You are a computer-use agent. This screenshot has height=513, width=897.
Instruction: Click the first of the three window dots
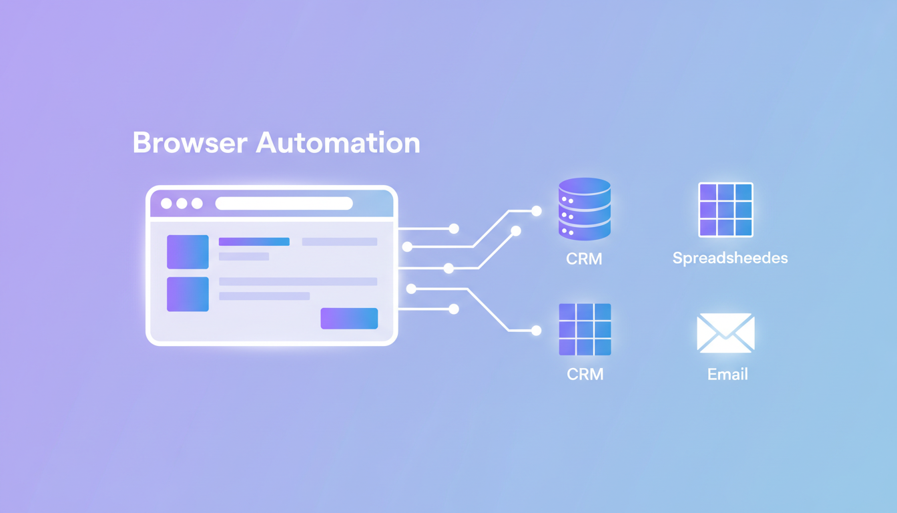(x=166, y=203)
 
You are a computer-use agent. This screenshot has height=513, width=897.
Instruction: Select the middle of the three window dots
(x=182, y=203)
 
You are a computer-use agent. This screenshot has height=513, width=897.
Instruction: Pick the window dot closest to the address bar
(x=197, y=203)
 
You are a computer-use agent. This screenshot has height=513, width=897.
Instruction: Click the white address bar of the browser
(x=284, y=203)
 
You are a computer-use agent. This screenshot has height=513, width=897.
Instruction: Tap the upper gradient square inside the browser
(x=188, y=252)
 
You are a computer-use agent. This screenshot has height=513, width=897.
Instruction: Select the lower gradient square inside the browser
(x=188, y=294)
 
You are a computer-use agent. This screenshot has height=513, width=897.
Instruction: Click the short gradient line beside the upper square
(x=254, y=242)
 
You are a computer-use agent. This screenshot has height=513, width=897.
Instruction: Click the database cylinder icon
(x=584, y=209)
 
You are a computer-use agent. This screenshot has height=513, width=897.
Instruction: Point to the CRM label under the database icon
(x=584, y=259)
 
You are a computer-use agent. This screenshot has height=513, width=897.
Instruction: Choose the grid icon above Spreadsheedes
(x=725, y=210)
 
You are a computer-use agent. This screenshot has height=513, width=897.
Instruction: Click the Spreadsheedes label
(x=730, y=258)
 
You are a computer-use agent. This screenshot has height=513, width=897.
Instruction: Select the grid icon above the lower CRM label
(x=585, y=329)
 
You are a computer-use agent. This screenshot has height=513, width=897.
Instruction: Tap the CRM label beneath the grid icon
(x=585, y=374)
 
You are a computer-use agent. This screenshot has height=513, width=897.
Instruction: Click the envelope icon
(x=725, y=333)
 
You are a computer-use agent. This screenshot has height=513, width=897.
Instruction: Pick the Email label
(x=727, y=374)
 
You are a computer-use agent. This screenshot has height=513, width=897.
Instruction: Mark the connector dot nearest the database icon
(x=536, y=211)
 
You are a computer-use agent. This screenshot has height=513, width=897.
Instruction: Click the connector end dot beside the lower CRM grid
(x=536, y=330)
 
